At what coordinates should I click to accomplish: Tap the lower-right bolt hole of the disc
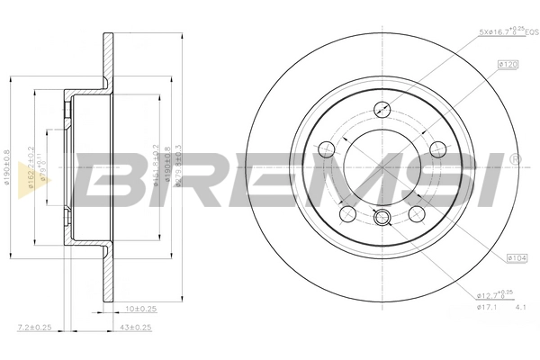tap(417, 215)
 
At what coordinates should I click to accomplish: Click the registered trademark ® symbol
tap(514, 159)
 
